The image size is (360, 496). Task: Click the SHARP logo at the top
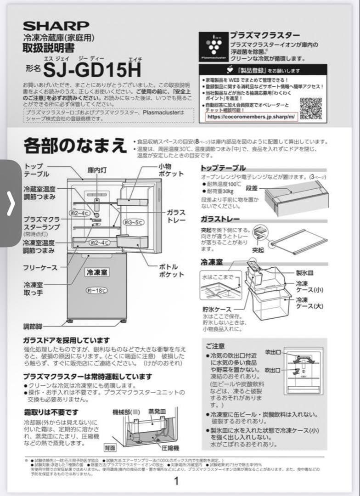(56, 26)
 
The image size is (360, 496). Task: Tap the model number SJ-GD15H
(92, 69)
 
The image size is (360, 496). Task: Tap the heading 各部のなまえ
(75, 146)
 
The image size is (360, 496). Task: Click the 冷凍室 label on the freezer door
(97, 272)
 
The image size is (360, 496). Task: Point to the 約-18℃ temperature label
(97, 290)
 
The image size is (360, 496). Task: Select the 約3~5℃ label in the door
(134, 222)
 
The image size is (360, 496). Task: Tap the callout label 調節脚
(33, 327)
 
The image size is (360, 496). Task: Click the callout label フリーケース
(40, 267)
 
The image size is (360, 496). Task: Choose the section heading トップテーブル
(223, 168)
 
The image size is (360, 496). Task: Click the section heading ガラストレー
(220, 219)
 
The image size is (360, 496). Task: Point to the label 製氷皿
(305, 273)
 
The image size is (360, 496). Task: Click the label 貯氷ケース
(217, 309)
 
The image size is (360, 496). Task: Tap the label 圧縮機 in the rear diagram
(170, 447)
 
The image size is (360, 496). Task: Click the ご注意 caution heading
(215, 345)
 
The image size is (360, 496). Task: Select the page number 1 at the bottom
(176, 481)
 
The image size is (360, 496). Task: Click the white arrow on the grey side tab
(11, 204)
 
